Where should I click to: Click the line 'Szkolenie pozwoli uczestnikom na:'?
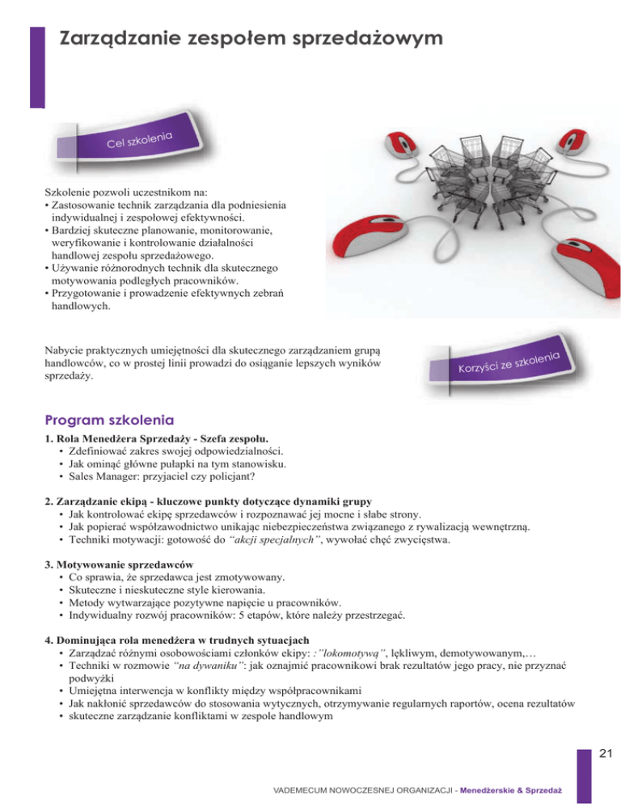(x=115, y=193)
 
